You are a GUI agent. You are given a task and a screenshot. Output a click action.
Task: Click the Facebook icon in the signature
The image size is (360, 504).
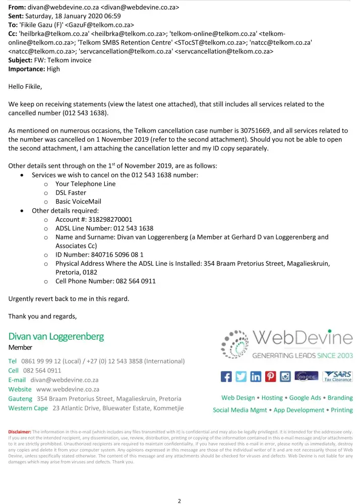tap(227, 376)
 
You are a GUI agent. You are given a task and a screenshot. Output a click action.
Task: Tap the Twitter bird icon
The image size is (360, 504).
tap(242, 376)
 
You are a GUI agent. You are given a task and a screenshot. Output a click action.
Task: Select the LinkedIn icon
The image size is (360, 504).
tap(256, 376)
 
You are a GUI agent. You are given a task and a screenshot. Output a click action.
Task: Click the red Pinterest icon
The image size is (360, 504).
tap(271, 376)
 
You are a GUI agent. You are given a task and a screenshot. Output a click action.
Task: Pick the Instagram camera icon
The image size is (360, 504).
tap(285, 376)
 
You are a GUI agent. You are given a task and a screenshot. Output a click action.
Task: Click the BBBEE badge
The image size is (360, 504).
tap(308, 376)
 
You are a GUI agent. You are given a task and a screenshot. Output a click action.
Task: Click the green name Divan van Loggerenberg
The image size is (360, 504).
tap(56, 336)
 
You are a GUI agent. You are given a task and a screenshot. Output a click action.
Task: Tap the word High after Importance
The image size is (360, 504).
tap(53, 69)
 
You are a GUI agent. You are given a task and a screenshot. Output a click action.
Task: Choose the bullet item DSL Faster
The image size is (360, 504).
tap(71, 193)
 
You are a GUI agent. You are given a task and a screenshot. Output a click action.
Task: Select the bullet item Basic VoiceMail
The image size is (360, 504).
tap(78, 202)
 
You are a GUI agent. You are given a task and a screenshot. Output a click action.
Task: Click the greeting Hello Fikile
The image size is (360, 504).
tap(25, 87)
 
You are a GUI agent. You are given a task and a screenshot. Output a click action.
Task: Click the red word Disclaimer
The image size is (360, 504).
tap(20, 432)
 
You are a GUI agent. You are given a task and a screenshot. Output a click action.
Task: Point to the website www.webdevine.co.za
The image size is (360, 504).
tap(68, 389)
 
